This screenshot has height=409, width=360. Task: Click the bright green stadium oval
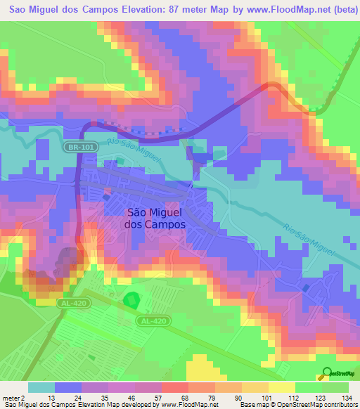(x=131, y=301)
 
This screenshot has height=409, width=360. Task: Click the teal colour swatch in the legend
(x=41, y=387)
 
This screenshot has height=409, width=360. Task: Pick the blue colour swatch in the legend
(x=68, y=387)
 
